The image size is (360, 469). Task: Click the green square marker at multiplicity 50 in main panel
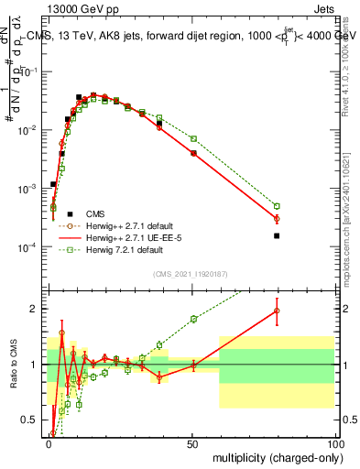tap(193, 138)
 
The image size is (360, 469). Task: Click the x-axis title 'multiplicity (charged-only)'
tap(272, 457)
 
